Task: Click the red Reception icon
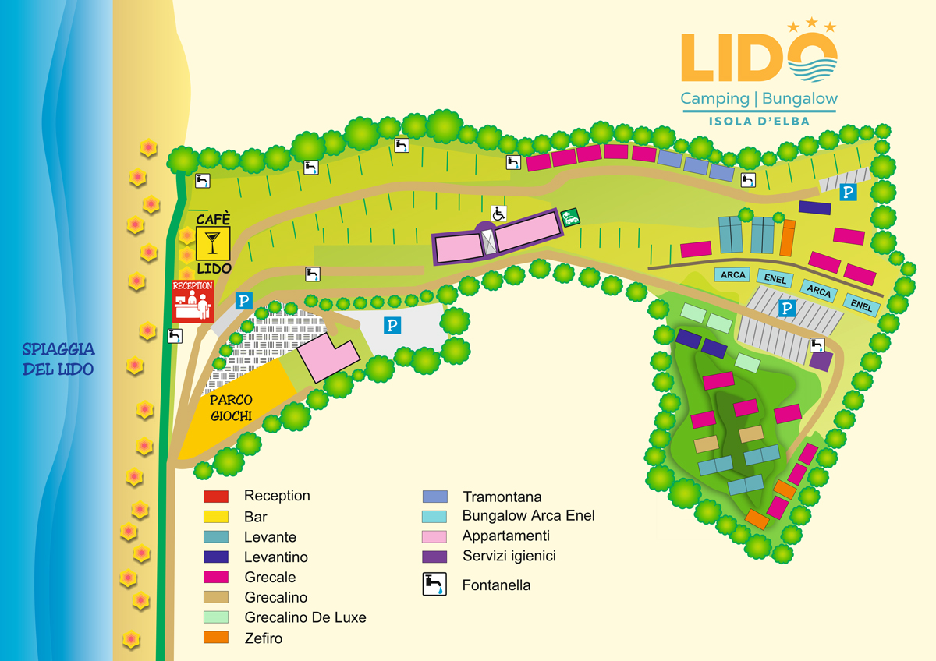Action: point(193,301)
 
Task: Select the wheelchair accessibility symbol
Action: point(498,213)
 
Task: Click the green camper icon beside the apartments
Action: point(571,217)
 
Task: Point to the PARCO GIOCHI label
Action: point(232,408)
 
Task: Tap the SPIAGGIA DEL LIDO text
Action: point(58,359)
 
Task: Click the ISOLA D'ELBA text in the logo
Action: point(759,121)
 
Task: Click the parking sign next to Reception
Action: point(244,300)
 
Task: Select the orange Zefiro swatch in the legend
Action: point(216,638)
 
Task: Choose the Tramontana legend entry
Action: point(502,497)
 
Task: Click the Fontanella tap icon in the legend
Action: point(434,585)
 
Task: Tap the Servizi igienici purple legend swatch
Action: point(434,557)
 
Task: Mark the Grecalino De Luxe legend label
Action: point(305,617)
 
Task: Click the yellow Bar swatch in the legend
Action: point(216,516)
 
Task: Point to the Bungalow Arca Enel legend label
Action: point(528,516)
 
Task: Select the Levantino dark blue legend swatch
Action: point(216,557)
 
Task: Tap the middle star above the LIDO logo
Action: point(812,23)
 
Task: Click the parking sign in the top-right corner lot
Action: point(848,192)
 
